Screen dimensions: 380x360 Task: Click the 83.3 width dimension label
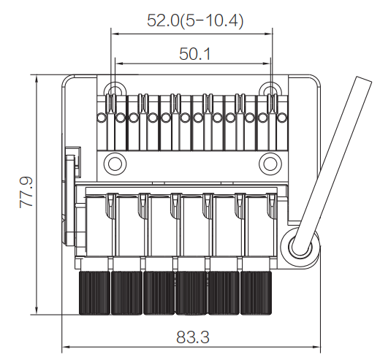193,337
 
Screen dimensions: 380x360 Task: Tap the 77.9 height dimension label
26,192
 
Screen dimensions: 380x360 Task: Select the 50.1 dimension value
194,54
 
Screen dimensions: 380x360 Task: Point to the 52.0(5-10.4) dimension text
195,20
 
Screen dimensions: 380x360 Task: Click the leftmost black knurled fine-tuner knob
94,293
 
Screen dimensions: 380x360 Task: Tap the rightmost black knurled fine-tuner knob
256,293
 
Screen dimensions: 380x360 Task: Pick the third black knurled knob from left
159,293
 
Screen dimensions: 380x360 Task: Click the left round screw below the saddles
115,164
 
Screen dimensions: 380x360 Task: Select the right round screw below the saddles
270,164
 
